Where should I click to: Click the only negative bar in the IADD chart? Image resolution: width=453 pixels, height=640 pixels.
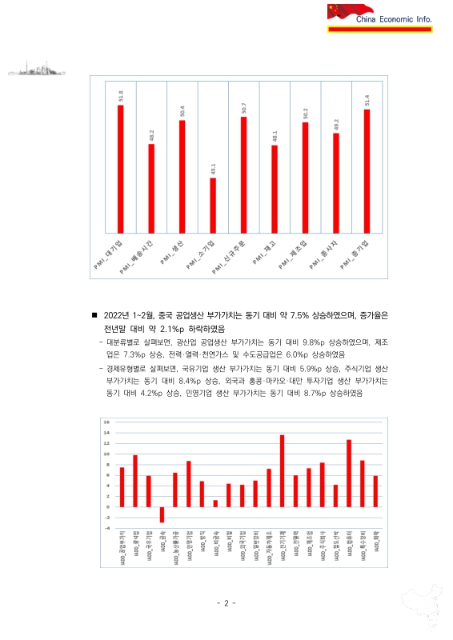coord(162,514)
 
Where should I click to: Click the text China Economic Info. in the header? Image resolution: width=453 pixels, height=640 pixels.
coord(392,18)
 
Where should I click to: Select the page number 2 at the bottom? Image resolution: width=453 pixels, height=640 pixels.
coord(226,602)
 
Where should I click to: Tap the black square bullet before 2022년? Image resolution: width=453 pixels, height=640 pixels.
coord(94,316)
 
